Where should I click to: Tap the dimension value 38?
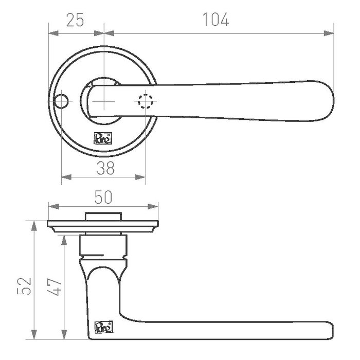point(105,167)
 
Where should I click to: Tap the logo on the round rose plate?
point(101,137)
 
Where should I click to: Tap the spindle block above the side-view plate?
point(103,216)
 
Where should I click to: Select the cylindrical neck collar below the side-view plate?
point(103,247)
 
